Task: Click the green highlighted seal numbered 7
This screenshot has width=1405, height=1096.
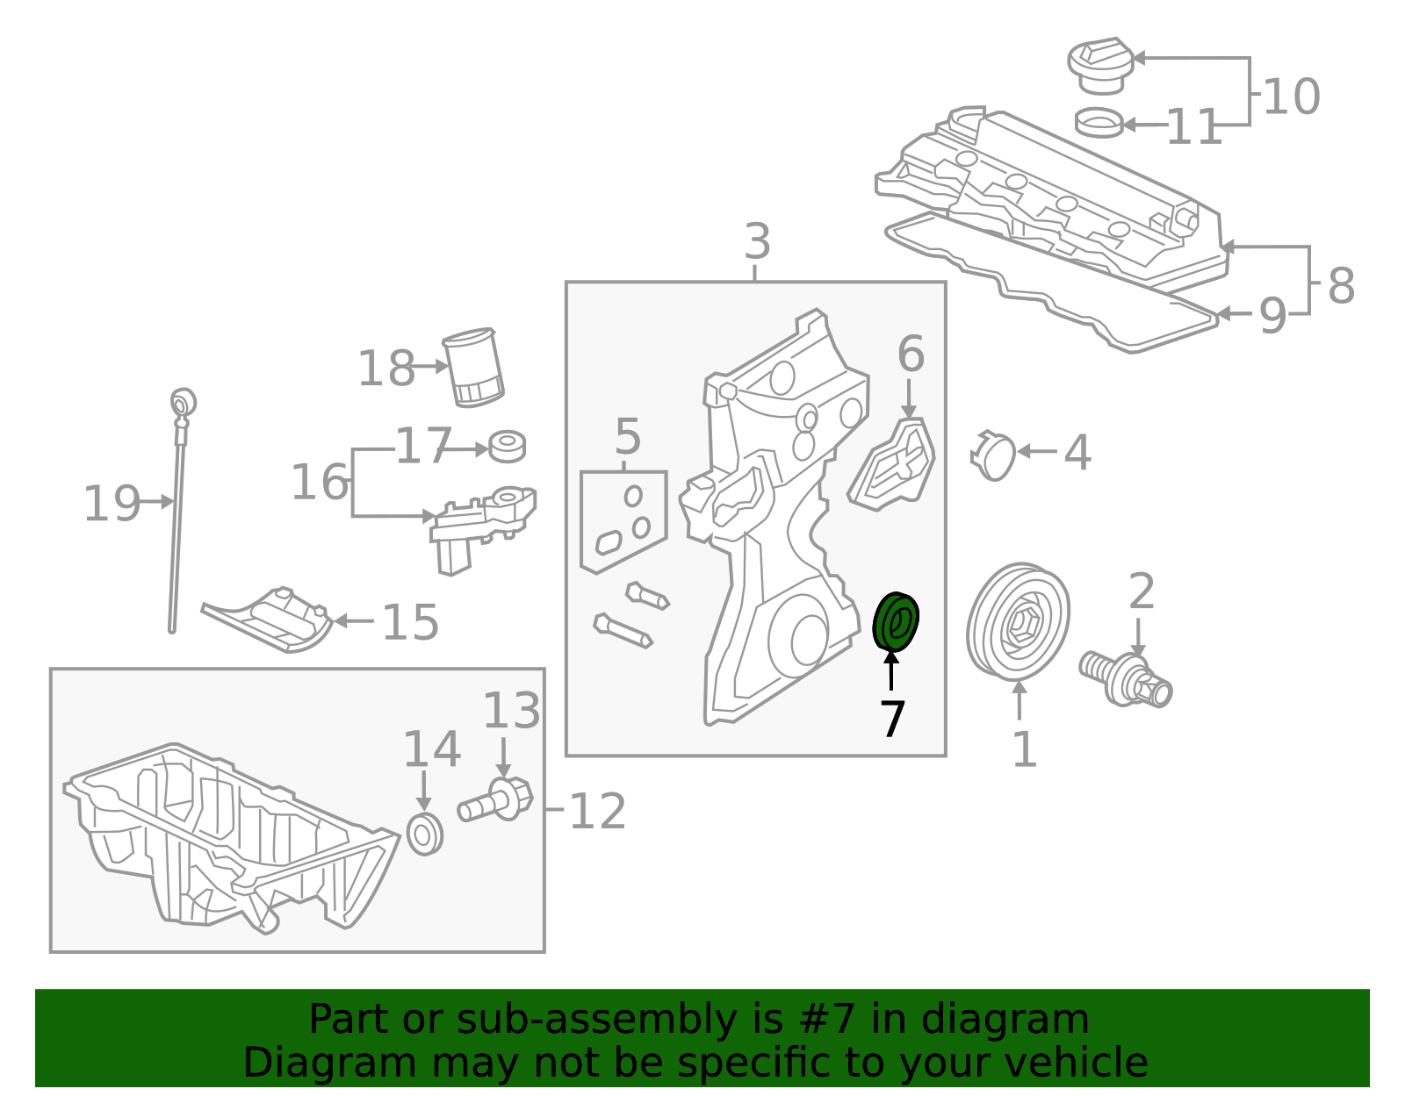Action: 896,622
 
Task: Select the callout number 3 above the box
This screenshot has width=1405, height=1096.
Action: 757,241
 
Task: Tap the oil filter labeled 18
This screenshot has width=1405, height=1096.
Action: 472,368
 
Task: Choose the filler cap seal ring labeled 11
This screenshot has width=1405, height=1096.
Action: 1099,123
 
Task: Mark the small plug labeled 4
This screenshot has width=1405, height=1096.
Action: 994,455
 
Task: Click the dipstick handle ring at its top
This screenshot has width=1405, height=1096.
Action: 183,402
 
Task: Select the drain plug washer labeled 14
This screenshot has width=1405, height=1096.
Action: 425,834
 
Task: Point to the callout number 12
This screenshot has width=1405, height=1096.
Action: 597,812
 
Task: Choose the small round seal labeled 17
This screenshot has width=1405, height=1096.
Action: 507,446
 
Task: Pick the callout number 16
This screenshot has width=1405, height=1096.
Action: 319,483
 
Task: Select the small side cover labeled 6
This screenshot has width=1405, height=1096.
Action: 892,466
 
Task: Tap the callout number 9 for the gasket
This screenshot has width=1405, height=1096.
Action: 1272,316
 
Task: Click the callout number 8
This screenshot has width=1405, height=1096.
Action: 1340,285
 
